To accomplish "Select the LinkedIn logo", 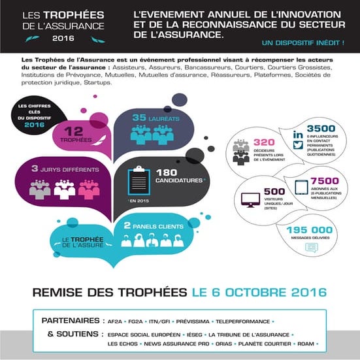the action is (298, 133).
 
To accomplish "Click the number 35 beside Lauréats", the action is (140, 118).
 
